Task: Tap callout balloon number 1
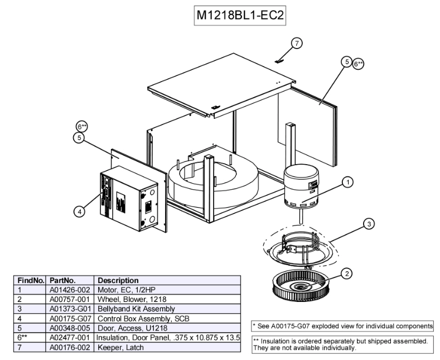[347, 181]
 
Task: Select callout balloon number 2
[347, 273]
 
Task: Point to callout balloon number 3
[369, 224]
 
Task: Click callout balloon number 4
[80, 211]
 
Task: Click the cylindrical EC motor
[301, 186]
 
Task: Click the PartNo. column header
[62, 280]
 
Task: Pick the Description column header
[118, 280]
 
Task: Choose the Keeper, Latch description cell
[120, 347]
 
